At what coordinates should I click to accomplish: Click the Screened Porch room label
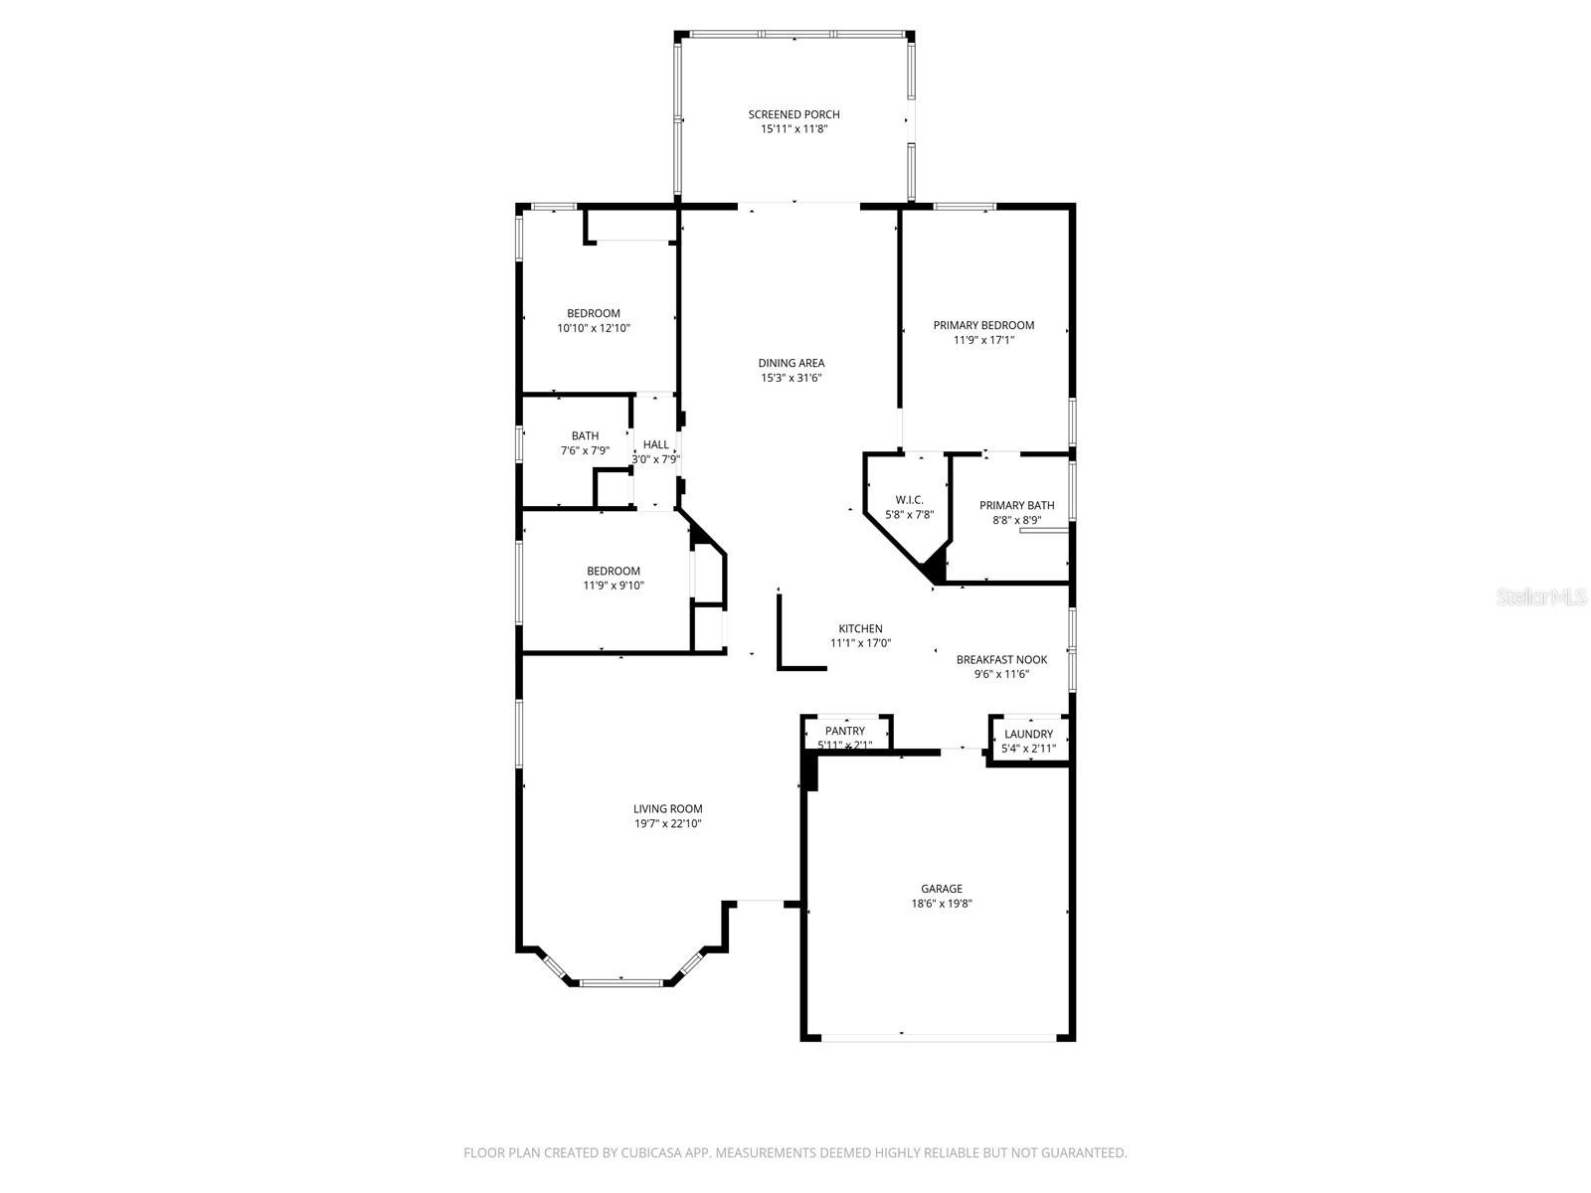tap(794, 114)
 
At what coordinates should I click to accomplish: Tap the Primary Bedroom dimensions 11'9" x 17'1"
tap(983, 340)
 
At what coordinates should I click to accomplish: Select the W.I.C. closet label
tap(909, 500)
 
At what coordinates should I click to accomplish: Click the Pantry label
tap(844, 731)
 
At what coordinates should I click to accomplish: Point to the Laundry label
tap(1028, 734)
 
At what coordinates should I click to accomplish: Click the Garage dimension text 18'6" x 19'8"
tap(941, 904)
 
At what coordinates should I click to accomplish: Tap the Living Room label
tap(667, 809)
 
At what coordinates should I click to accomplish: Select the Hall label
tap(656, 444)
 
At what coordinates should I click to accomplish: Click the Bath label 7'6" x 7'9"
tap(585, 443)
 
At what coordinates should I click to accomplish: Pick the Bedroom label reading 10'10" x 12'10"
tap(594, 320)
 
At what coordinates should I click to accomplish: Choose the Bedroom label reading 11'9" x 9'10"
tap(614, 578)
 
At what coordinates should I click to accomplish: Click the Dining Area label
tap(792, 363)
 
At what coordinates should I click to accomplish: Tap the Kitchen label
tap(860, 628)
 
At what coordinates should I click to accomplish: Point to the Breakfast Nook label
tap(1001, 659)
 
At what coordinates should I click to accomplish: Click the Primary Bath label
tap(1016, 505)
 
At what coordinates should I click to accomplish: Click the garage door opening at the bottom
tap(939, 1038)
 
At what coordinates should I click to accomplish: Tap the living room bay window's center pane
tap(620, 983)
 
